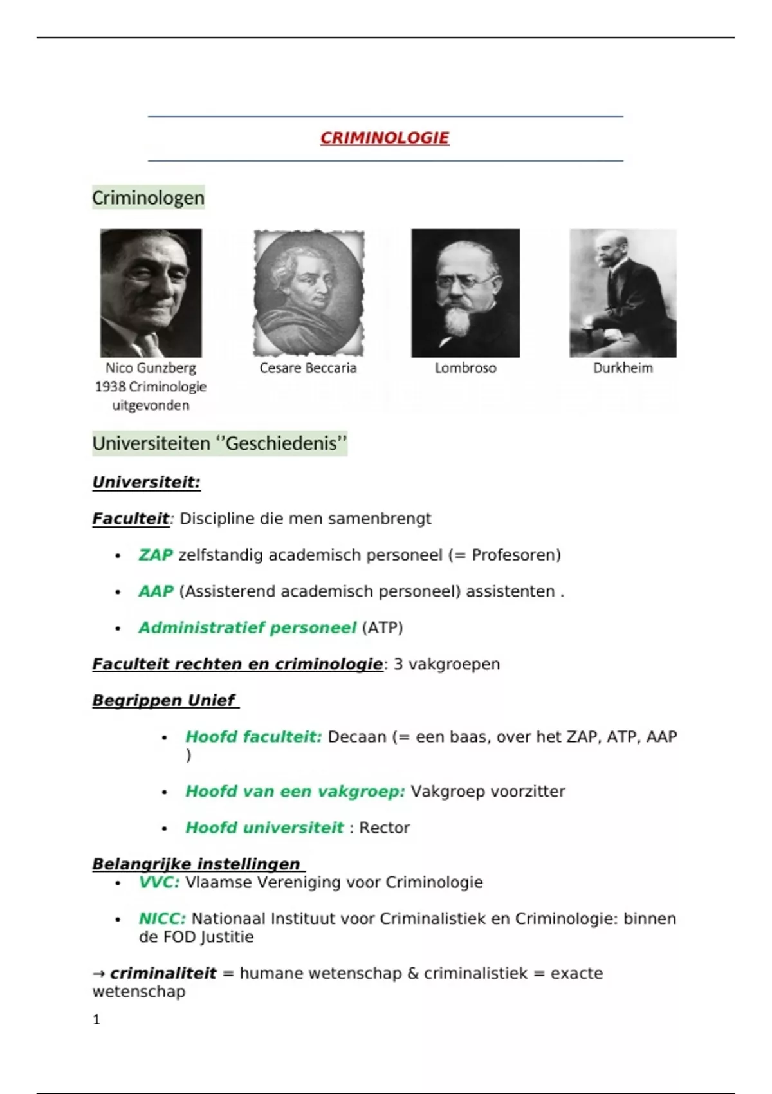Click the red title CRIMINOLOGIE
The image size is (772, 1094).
click(385, 138)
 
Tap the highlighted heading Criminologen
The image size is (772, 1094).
click(148, 198)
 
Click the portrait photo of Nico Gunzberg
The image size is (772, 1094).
click(151, 293)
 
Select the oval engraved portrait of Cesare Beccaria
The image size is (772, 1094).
click(309, 293)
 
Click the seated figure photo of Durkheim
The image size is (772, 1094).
click(622, 293)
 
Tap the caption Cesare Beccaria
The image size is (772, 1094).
click(308, 368)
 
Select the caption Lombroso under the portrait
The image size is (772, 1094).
click(465, 368)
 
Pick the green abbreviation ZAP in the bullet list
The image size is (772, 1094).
click(156, 555)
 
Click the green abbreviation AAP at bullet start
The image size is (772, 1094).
click(156, 591)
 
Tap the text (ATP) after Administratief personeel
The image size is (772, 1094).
click(382, 627)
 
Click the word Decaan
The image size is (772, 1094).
click(357, 737)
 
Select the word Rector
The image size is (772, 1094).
click(384, 828)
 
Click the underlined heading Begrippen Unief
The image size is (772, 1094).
click(164, 700)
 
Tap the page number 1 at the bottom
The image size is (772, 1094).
click(96, 1019)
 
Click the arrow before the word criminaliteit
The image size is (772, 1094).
click(98, 973)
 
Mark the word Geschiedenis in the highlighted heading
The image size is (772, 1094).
click(282, 443)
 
